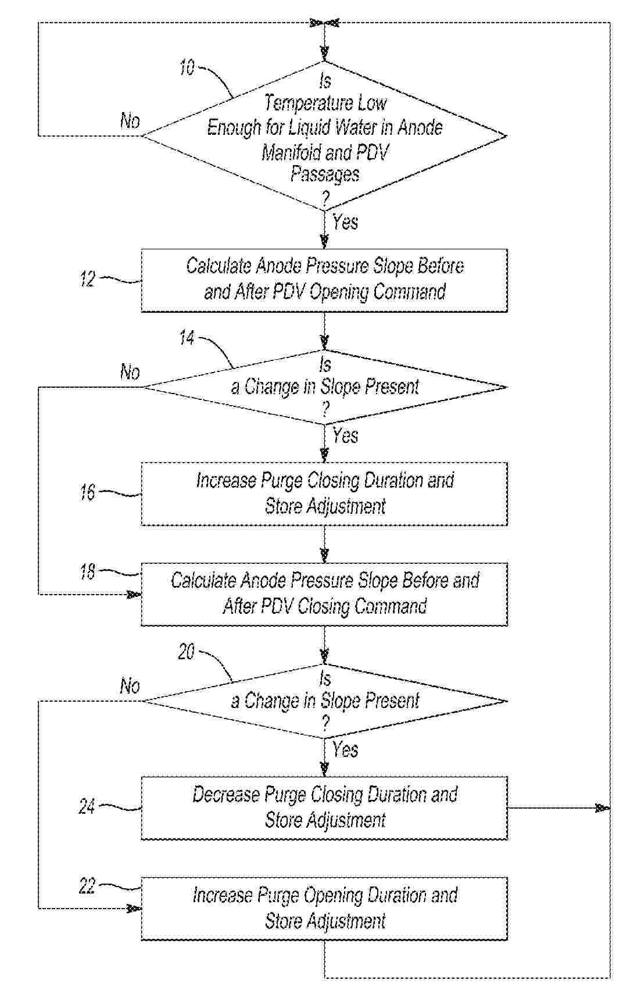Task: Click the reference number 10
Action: click(187, 68)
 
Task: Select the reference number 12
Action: click(87, 280)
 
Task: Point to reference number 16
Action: click(87, 493)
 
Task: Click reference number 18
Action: click(87, 573)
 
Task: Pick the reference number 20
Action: click(186, 652)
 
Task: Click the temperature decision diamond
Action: click(324, 136)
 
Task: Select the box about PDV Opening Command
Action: click(324, 280)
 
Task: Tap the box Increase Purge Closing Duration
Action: click(324, 494)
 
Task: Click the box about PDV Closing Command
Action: click(324, 594)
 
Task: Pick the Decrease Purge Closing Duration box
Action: click(324, 807)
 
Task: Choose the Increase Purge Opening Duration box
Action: click(324, 908)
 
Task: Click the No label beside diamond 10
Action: click(130, 121)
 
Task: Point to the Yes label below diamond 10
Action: click(345, 222)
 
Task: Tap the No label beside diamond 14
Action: click(130, 372)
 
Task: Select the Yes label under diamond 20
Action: click(345, 750)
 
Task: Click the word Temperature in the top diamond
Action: click(297, 104)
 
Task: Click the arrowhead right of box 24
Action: click(603, 807)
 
